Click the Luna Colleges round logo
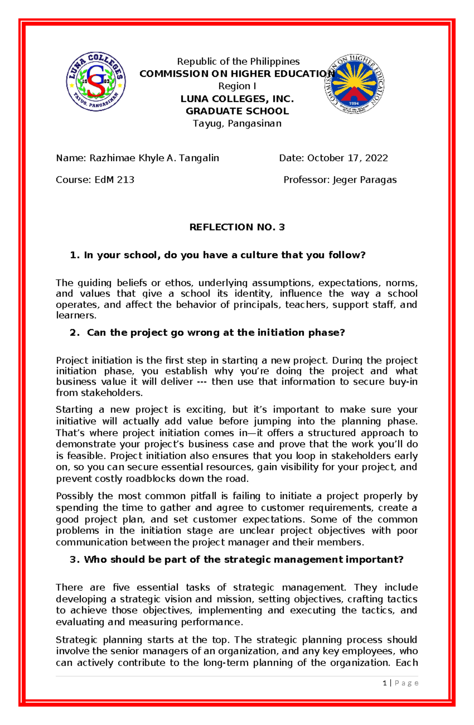click(x=96, y=82)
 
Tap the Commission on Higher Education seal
click(x=354, y=84)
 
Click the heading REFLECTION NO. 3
click(x=237, y=227)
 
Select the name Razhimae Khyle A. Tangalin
click(x=154, y=158)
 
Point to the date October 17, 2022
click(x=348, y=158)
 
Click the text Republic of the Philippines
click(x=238, y=62)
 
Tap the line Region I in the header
click(x=237, y=86)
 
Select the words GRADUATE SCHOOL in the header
click(x=237, y=111)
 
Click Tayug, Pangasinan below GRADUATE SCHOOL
click(x=237, y=124)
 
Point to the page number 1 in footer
click(x=384, y=683)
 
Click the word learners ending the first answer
click(x=75, y=315)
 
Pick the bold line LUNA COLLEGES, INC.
click(x=237, y=99)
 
